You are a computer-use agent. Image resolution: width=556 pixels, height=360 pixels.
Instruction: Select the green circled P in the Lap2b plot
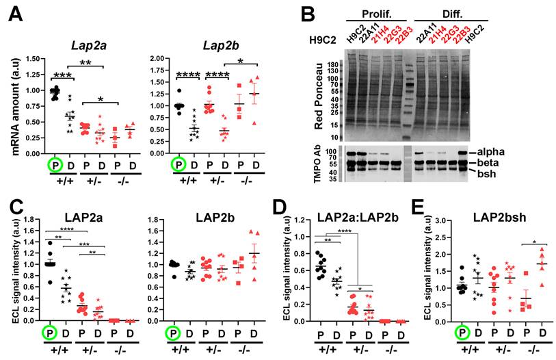click(178, 165)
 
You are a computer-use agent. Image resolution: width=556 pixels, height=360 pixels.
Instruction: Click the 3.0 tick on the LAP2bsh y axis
click(445, 222)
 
